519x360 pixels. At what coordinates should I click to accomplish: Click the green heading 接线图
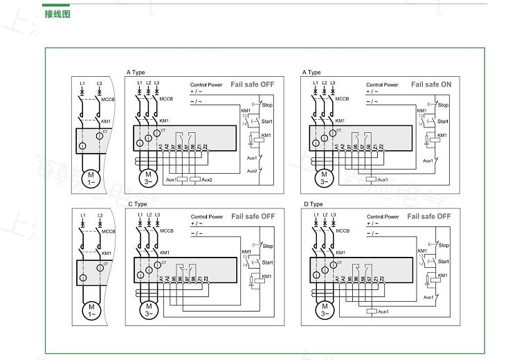[x=57, y=15]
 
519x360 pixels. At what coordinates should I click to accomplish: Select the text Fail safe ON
[x=431, y=84]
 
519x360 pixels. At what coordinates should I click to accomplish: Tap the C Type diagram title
[x=137, y=204]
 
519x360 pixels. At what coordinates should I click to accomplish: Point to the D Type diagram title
[x=313, y=204]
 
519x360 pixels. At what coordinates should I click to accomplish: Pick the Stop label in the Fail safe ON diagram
[x=443, y=106]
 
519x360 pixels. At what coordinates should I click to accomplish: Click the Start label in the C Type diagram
[x=267, y=262]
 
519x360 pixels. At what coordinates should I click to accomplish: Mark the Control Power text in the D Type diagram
[x=383, y=217]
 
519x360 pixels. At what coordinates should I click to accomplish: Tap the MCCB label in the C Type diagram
[x=166, y=232]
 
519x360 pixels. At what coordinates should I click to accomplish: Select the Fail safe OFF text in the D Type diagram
[x=429, y=217]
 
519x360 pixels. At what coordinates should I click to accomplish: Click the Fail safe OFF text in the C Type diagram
[x=253, y=217]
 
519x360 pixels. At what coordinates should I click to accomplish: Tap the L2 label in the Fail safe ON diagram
[x=324, y=83]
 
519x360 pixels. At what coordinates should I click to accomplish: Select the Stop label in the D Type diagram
[x=444, y=246]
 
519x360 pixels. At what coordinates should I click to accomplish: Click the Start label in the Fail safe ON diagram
[x=443, y=121]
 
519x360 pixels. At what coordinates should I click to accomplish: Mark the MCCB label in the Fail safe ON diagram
[x=342, y=99]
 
